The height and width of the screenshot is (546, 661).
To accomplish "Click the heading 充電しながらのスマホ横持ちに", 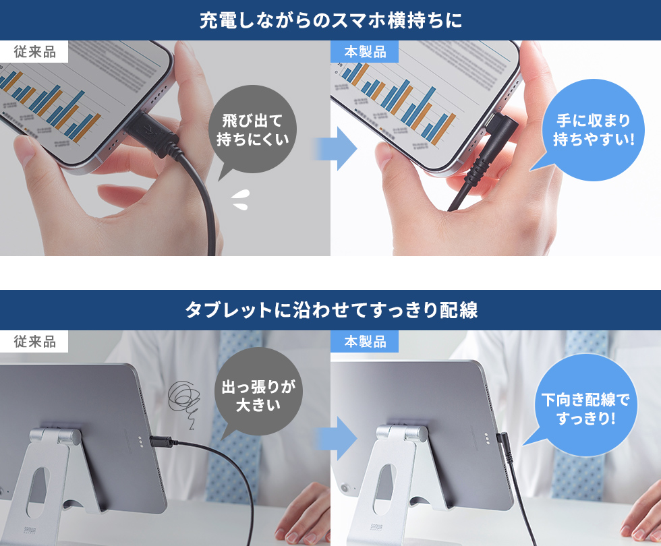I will pos(330,20).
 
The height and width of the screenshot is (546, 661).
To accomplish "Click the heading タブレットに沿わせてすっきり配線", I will pos(330,310).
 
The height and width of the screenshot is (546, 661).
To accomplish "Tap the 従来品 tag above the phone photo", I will pos(34,53).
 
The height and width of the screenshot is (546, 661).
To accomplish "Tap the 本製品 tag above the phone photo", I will pos(365,53).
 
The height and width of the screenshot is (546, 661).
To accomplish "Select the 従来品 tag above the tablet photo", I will pos(34,342).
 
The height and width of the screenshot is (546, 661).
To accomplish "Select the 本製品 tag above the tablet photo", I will pos(365,342).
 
